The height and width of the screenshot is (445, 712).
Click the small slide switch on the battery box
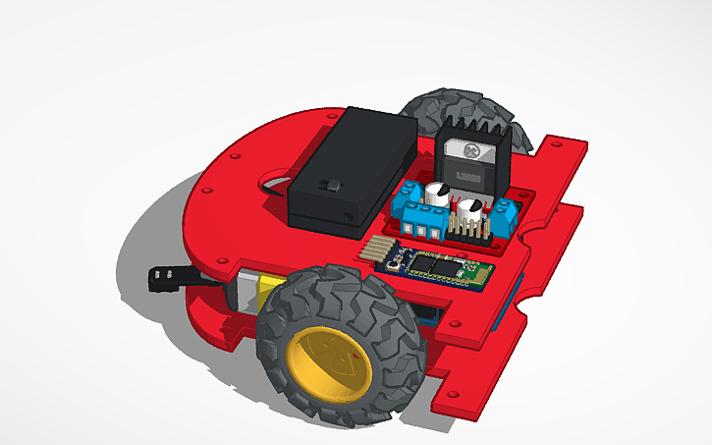coord(335,185)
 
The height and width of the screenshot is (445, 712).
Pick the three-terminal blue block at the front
coord(419,225)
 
